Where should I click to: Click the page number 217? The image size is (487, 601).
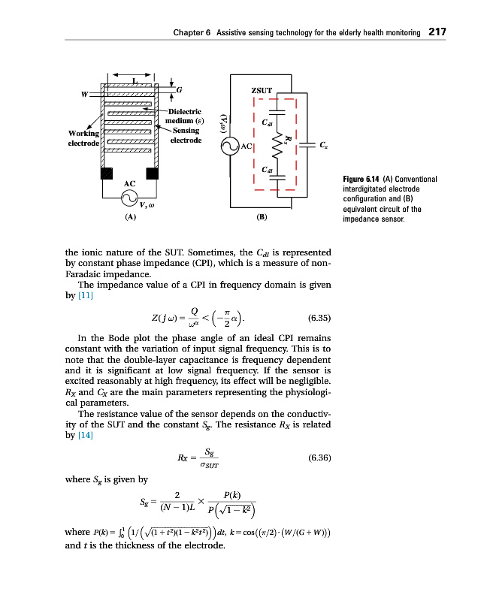click(437, 32)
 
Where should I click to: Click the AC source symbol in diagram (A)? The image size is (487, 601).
click(129, 198)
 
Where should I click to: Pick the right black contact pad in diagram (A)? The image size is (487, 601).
click(153, 174)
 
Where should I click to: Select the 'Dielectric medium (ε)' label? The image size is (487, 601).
click(183, 116)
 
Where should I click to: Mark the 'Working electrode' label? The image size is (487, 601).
click(81, 137)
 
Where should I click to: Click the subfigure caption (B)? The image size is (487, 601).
click(261, 217)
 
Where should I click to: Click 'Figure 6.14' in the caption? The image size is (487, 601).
click(363, 179)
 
